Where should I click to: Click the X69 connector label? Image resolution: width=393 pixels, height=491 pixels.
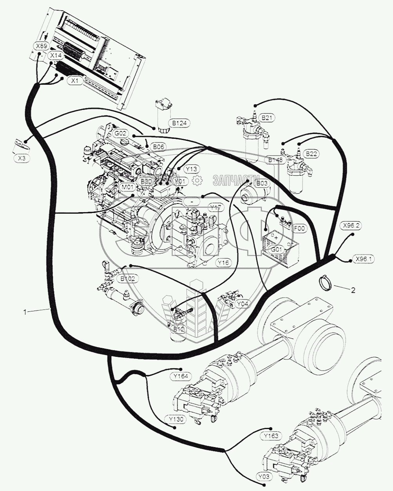41,46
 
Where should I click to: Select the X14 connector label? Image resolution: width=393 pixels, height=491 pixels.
56,56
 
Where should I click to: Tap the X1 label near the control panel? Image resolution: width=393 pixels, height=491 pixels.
74,81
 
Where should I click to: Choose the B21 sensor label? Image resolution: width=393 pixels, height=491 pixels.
267,117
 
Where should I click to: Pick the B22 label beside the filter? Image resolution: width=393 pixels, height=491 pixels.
311,154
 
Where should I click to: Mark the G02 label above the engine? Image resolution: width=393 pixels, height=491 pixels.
120,134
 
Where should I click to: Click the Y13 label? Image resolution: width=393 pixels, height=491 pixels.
192,169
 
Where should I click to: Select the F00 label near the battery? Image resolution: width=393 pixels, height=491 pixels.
300,227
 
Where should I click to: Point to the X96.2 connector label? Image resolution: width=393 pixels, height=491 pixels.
351,225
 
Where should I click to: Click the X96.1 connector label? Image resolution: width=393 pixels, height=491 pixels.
364,259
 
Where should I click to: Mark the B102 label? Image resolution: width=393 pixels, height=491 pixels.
127,279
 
